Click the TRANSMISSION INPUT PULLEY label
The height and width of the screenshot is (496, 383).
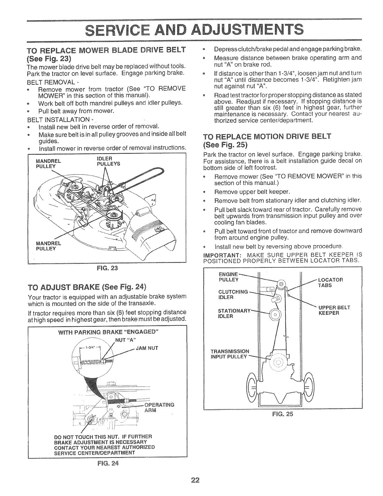230,354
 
